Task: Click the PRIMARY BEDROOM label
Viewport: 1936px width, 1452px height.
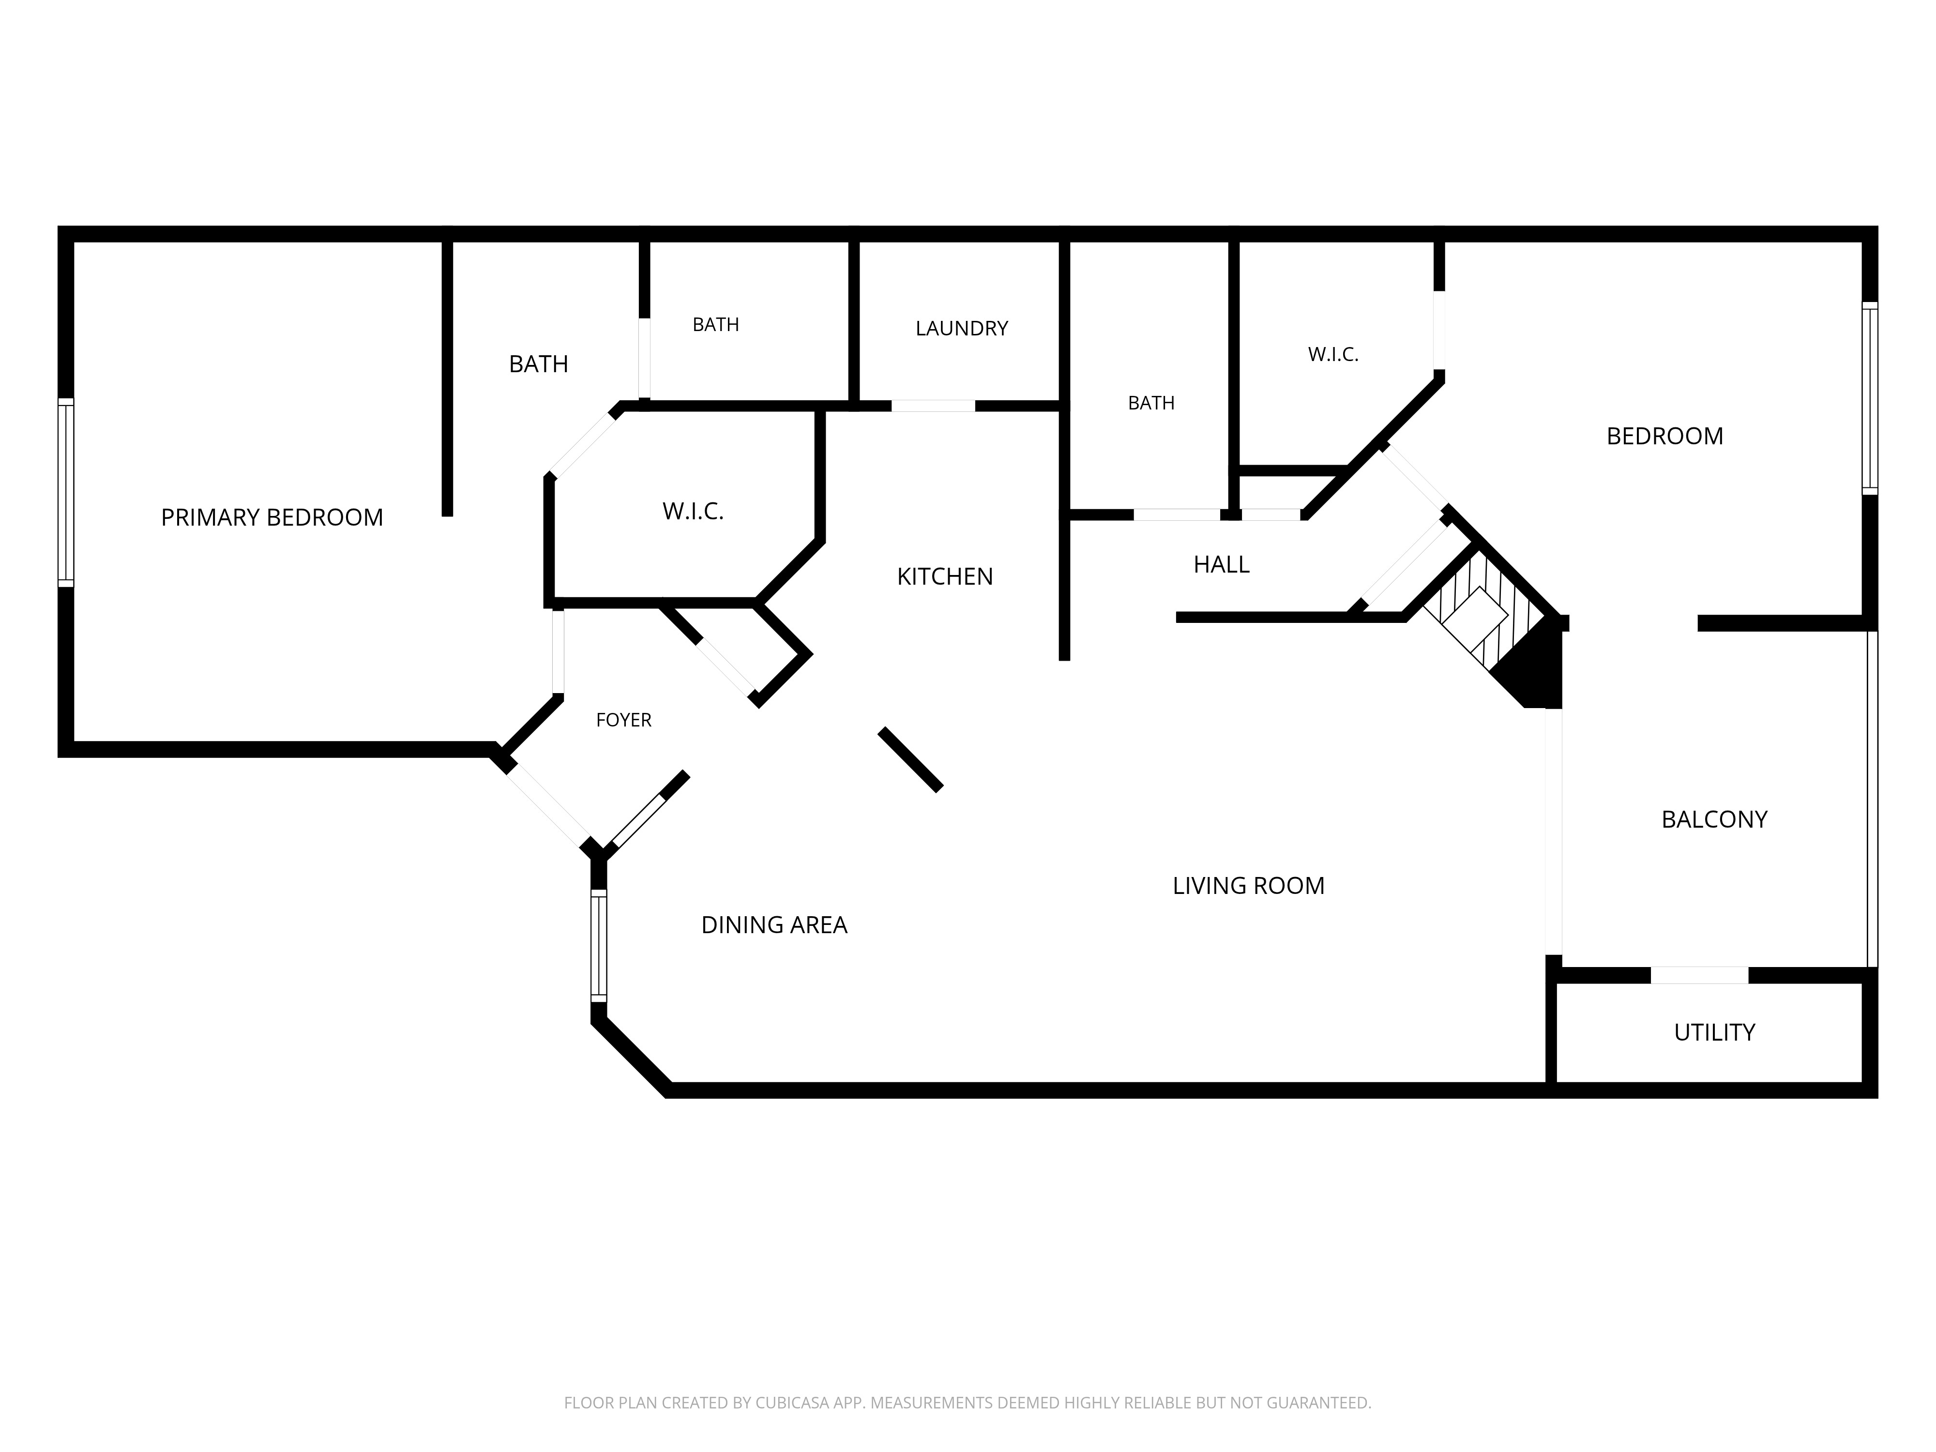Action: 272,517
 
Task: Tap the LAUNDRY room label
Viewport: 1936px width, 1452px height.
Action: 962,328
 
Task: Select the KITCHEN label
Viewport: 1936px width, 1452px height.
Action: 945,576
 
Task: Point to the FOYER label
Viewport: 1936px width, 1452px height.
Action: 624,719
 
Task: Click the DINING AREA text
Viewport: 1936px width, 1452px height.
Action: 774,924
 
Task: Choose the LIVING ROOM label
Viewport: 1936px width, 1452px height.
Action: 1249,886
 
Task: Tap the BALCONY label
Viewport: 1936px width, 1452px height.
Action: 1714,819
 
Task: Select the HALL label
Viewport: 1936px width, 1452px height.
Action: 1222,564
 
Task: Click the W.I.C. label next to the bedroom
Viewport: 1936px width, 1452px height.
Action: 1333,354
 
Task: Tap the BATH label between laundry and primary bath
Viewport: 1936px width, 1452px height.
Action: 716,325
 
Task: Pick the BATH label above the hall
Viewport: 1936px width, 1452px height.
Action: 1151,403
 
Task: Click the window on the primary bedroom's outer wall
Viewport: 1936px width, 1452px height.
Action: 66,492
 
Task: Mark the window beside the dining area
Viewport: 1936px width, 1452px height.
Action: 599,945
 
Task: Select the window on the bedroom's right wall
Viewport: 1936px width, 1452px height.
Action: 1870,398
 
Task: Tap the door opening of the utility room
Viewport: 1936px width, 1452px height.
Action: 1700,975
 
